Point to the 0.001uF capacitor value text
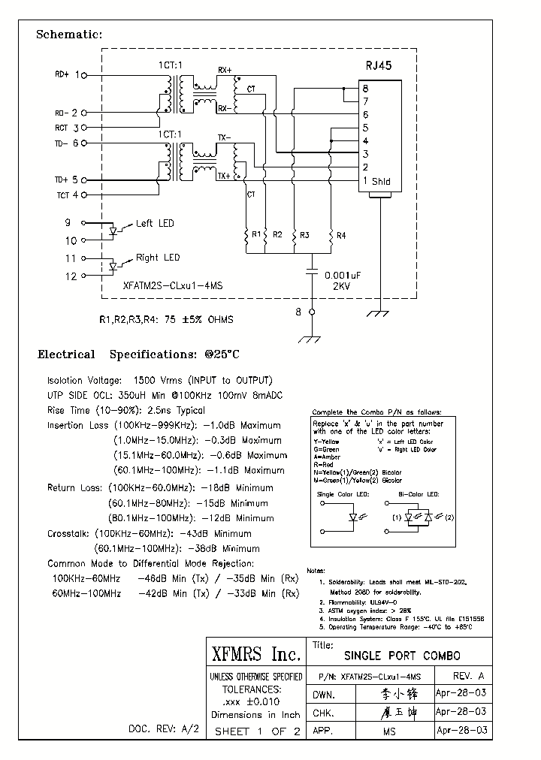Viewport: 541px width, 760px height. [x=343, y=276]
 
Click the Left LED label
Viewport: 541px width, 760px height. [x=154, y=223]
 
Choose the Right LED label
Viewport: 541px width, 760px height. [x=157, y=258]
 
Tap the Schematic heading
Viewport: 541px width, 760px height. [x=69, y=35]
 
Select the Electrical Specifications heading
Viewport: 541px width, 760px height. [x=138, y=354]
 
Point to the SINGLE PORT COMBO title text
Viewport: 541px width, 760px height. [x=402, y=656]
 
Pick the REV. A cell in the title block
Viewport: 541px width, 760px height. [x=464, y=676]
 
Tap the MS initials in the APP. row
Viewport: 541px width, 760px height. [x=388, y=731]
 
